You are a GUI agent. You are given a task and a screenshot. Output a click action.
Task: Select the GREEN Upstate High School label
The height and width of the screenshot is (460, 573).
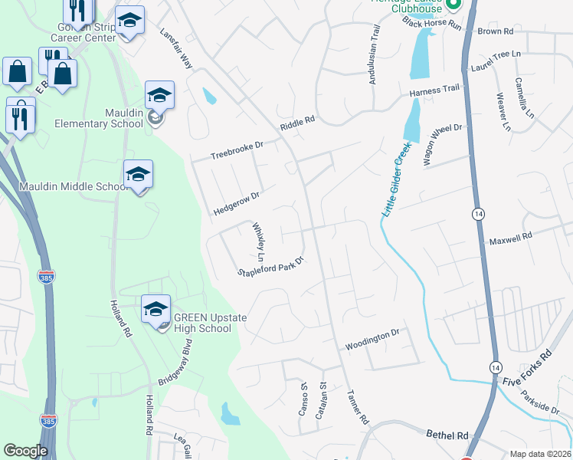point(202,323)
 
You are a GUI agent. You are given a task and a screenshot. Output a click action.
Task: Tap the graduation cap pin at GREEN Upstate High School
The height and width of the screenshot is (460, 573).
point(156,310)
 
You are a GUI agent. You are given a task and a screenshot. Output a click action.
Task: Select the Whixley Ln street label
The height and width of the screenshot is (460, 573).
point(260,239)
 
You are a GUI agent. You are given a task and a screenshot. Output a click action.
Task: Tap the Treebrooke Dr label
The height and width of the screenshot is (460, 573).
point(237,149)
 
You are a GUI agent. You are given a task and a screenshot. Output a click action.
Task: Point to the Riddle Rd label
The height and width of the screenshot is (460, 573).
point(297,122)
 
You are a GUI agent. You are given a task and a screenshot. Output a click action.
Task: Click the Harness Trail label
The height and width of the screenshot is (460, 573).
point(434,90)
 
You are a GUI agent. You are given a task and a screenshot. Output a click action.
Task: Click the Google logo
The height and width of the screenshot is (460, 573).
point(25,451)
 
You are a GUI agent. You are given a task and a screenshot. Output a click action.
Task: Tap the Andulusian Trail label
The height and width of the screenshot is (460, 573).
point(375,54)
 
